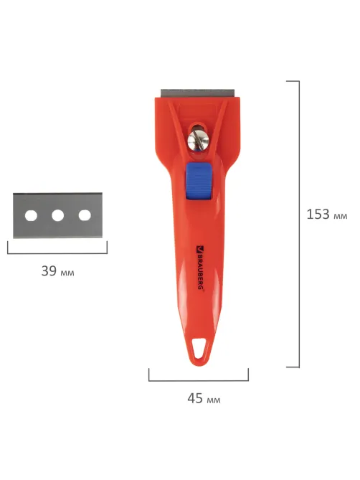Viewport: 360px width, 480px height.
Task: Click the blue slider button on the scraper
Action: tap(199, 181)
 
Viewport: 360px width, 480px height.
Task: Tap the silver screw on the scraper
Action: tap(198, 140)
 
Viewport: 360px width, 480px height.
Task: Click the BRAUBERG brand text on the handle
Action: tap(199, 270)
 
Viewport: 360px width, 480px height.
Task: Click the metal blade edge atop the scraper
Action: tap(198, 93)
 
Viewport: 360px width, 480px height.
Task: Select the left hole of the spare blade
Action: tap(31, 215)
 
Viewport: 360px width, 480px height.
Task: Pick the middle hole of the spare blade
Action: tap(57, 215)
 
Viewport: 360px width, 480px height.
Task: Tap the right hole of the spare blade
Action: tap(85, 215)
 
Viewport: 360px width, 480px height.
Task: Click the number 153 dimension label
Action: tap(318, 214)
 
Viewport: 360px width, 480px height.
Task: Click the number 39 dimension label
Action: tap(49, 270)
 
